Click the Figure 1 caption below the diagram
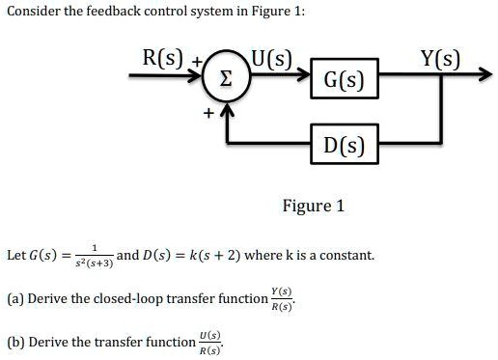(x=312, y=206)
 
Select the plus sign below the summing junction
(x=205, y=112)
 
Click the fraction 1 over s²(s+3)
(x=95, y=256)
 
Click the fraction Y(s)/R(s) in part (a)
(x=280, y=299)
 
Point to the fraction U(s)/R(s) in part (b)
(x=207, y=342)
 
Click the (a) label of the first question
(x=14, y=298)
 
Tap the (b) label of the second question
(x=14, y=342)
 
